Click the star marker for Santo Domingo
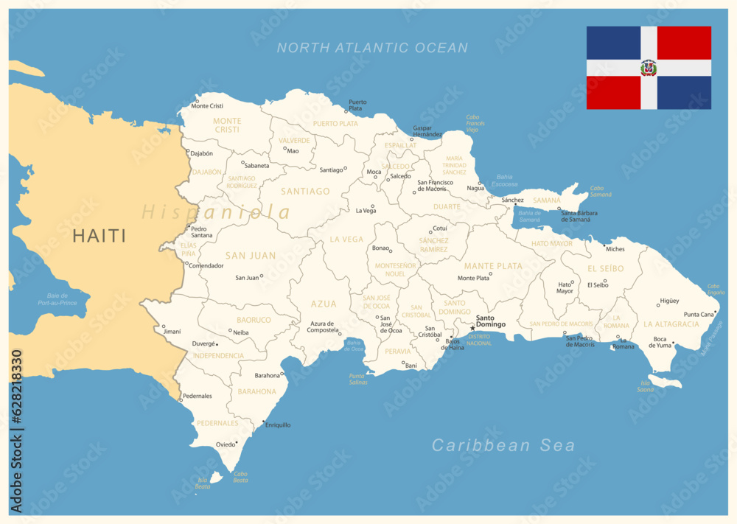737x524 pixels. pyautogui.click(x=472, y=328)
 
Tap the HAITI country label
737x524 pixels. pyautogui.click(x=99, y=236)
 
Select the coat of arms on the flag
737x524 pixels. pyautogui.click(x=649, y=68)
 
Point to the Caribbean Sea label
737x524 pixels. pyautogui.click(x=503, y=445)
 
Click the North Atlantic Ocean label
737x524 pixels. pyautogui.click(x=372, y=48)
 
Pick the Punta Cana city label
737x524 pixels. pyautogui.click(x=699, y=314)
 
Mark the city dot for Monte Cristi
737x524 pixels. pyautogui.click(x=197, y=101)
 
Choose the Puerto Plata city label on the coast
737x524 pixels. pyautogui.click(x=357, y=105)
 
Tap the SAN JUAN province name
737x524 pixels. pyautogui.click(x=251, y=256)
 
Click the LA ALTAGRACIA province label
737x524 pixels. pyautogui.click(x=671, y=324)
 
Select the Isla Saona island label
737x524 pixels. pyautogui.click(x=646, y=385)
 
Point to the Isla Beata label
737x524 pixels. pyautogui.click(x=203, y=483)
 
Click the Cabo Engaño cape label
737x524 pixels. pyautogui.click(x=716, y=289)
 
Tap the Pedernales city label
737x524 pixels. pyautogui.click(x=198, y=396)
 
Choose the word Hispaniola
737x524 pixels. pyautogui.click(x=216, y=212)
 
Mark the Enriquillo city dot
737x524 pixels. pyautogui.click(x=264, y=422)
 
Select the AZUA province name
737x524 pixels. pyautogui.click(x=324, y=304)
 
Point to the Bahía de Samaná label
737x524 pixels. pyautogui.click(x=529, y=216)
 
